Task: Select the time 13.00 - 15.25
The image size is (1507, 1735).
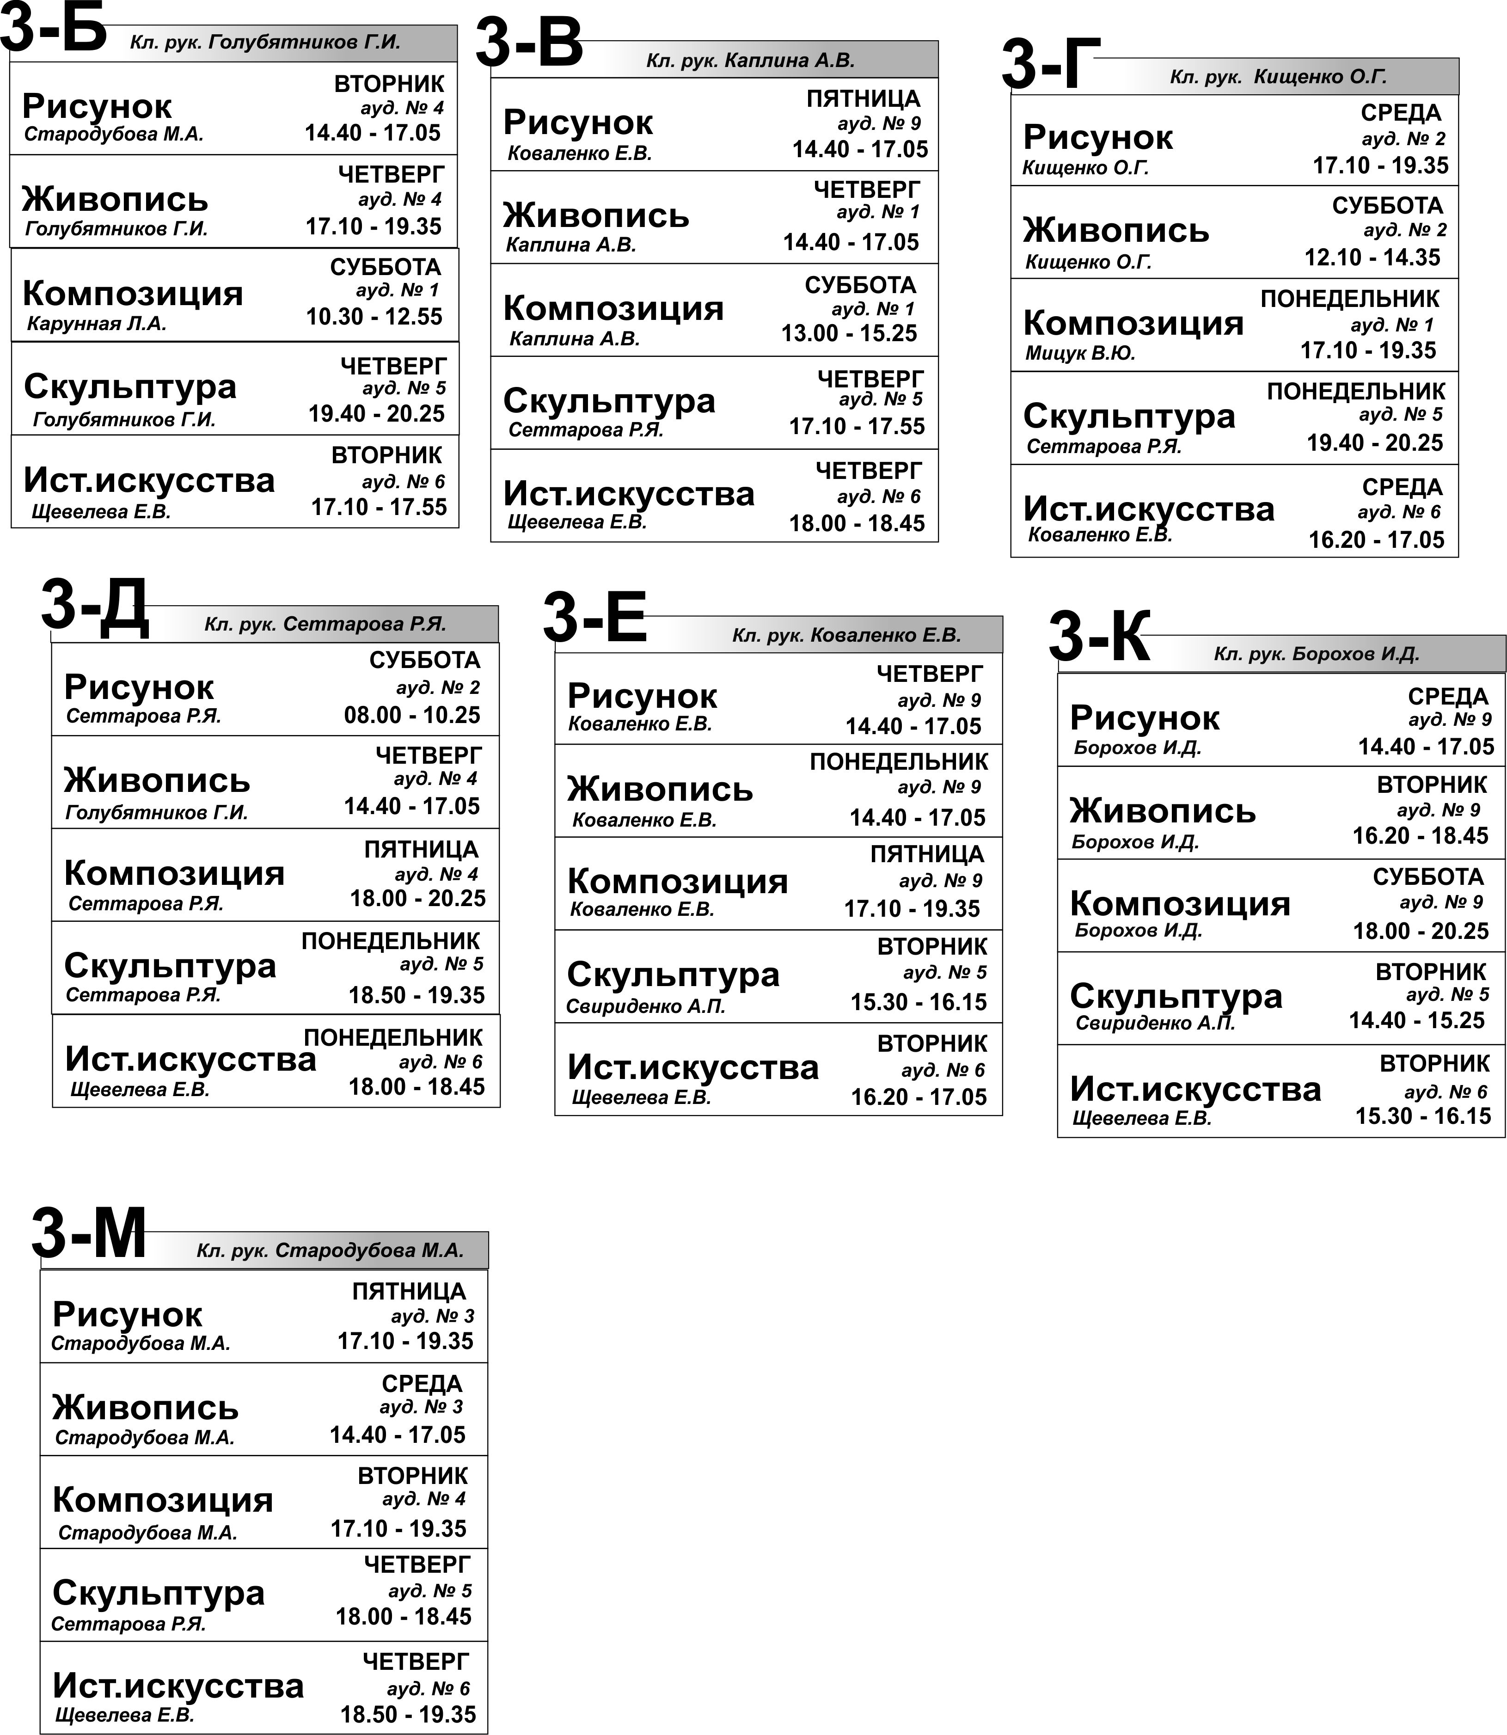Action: (x=849, y=334)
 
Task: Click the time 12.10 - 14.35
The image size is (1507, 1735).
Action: (x=1372, y=257)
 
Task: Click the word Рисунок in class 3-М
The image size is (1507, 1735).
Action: (x=127, y=1314)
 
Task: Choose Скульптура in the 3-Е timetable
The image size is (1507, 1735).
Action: (x=673, y=975)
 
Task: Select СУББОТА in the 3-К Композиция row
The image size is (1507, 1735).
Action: (x=1428, y=877)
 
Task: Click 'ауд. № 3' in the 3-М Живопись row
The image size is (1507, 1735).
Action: (x=421, y=1407)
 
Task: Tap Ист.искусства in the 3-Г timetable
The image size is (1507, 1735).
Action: (x=1149, y=509)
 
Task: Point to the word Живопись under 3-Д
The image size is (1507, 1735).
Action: (x=157, y=780)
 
